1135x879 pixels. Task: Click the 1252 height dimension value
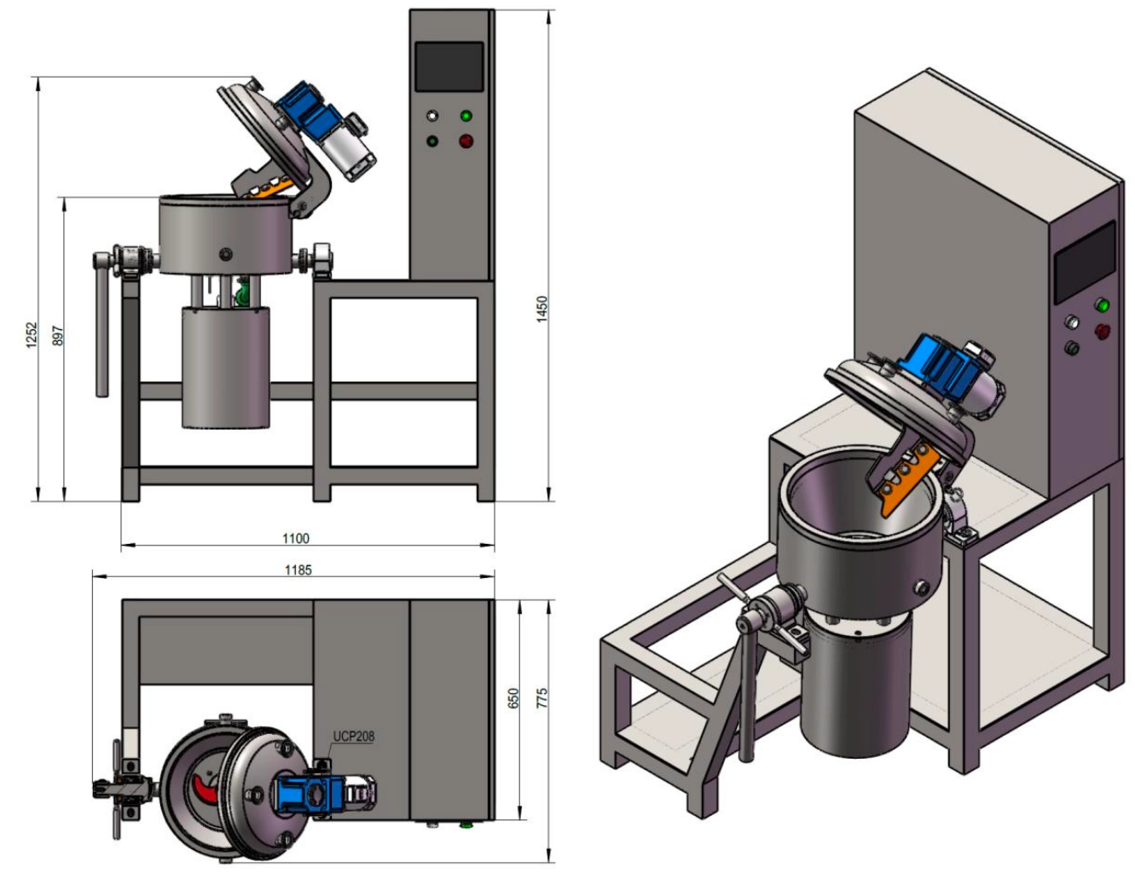coord(32,335)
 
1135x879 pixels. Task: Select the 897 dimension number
coord(57,336)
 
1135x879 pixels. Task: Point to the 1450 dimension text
coord(542,309)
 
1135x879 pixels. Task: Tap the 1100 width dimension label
coord(296,538)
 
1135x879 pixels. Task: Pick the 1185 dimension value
coord(298,570)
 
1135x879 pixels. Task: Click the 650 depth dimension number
coord(513,698)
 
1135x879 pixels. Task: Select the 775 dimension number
coord(542,698)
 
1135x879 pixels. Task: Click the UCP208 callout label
coord(354,737)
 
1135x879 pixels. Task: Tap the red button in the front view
coord(466,141)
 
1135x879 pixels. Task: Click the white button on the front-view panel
coord(432,116)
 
